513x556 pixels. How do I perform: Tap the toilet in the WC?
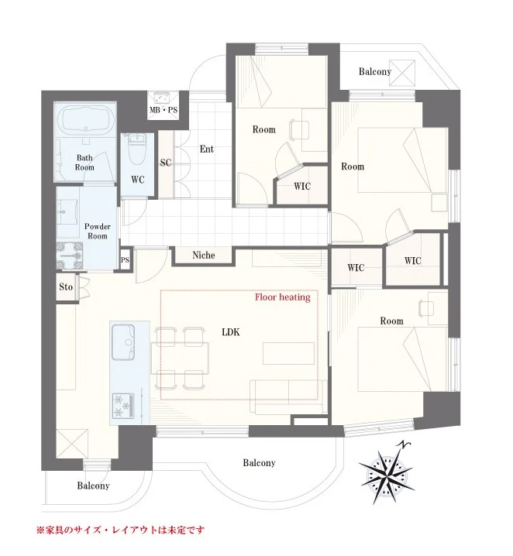(x=137, y=149)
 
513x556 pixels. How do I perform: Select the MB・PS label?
(x=164, y=110)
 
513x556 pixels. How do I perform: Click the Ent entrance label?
(x=206, y=149)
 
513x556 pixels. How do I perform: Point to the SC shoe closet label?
(x=166, y=163)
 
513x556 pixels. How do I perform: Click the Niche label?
(x=204, y=255)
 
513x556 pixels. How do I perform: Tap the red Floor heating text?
(x=282, y=297)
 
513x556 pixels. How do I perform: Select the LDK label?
(x=231, y=332)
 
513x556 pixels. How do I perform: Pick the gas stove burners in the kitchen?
(x=123, y=405)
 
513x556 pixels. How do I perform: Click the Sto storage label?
(x=66, y=287)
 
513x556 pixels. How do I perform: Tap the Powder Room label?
(x=97, y=232)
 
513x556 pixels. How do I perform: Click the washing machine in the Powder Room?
(x=70, y=256)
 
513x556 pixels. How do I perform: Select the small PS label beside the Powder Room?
(x=125, y=260)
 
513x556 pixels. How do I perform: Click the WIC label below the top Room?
(x=302, y=186)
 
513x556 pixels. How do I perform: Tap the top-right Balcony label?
(x=374, y=71)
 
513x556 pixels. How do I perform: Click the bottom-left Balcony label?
(x=93, y=486)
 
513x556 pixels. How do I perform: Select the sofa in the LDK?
(x=288, y=396)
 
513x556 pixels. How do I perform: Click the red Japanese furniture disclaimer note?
(x=121, y=530)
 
